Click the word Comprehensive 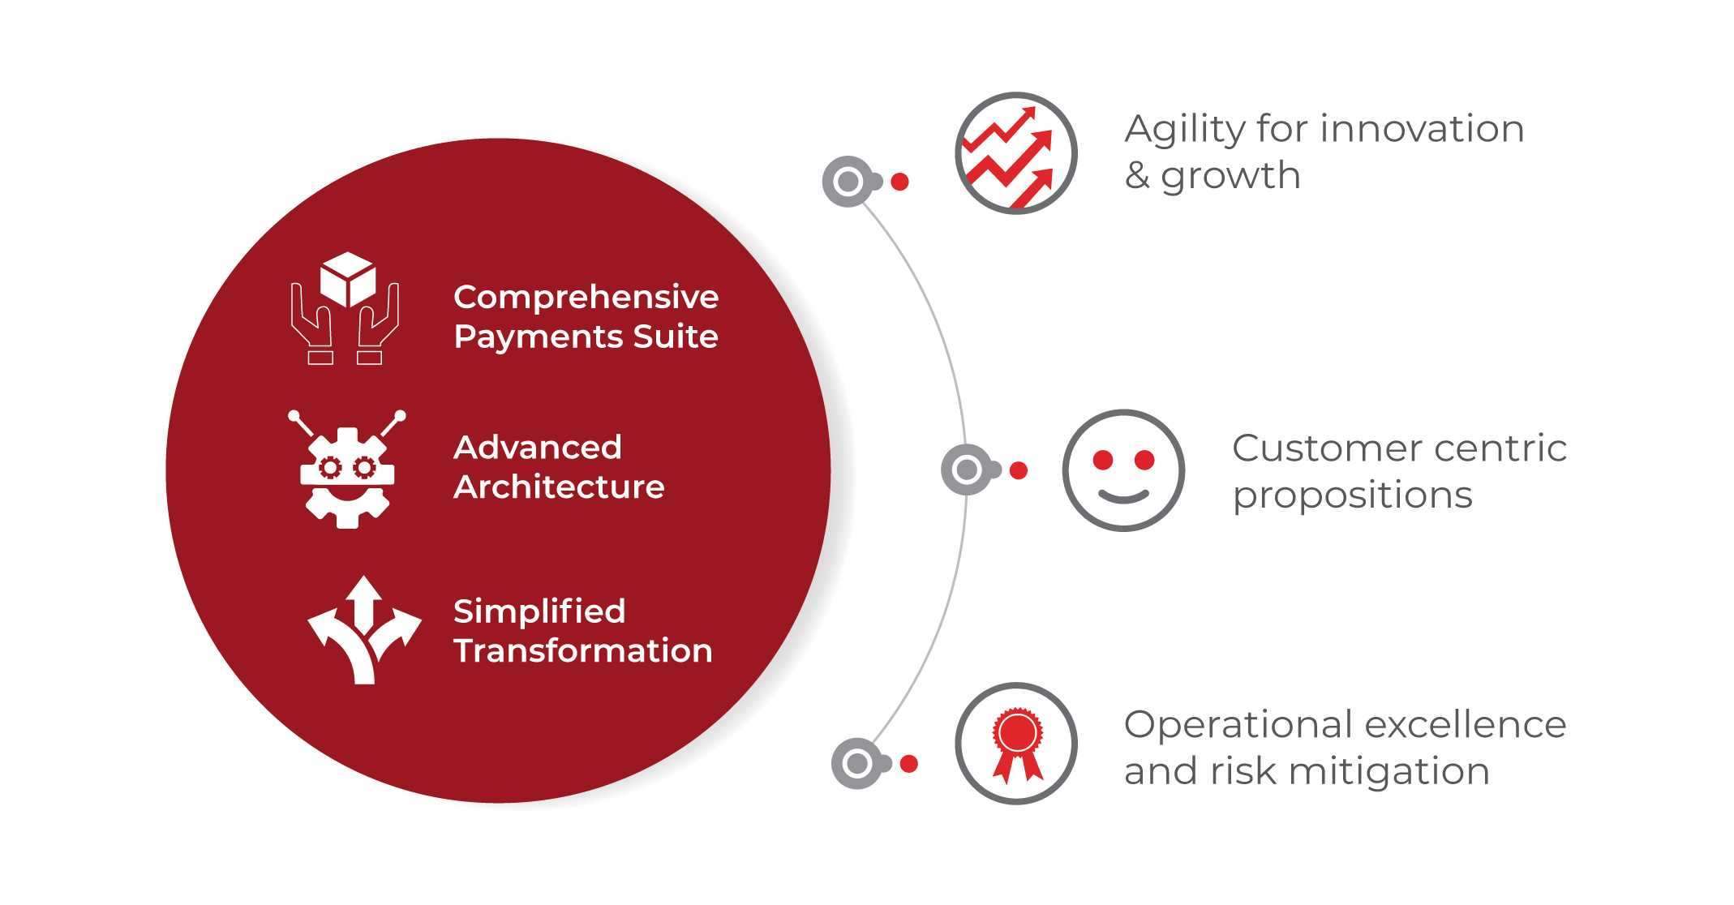(x=586, y=298)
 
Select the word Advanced (x=538, y=448)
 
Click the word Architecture (x=559, y=487)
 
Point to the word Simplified (x=539, y=611)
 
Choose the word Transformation (x=582, y=651)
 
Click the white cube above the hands (x=348, y=278)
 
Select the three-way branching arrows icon (x=364, y=631)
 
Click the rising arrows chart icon (x=1015, y=153)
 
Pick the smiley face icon (x=1123, y=470)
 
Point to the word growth (x=1230, y=176)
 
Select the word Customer (x=1311, y=448)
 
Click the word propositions (x=1352, y=495)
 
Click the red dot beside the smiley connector (x=1019, y=470)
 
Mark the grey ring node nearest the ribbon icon (x=857, y=763)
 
